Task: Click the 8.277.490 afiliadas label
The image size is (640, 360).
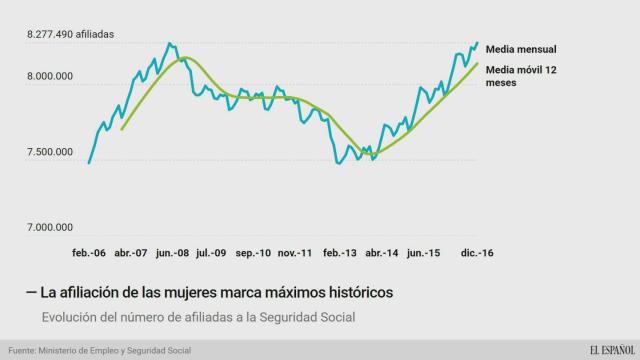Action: [x=70, y=34]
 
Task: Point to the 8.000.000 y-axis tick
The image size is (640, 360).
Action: [x=49, y=76]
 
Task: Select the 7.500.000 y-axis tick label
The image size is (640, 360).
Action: [x=49, y=152]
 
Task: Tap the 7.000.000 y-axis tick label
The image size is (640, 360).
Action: [x=49, y=228]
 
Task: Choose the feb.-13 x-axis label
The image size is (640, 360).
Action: [x=340, y=253]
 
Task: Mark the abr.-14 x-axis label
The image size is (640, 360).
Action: [x=383, y=253]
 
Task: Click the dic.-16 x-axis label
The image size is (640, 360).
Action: [x=475, y=253]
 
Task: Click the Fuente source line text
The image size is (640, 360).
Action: [x=99, y=350]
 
